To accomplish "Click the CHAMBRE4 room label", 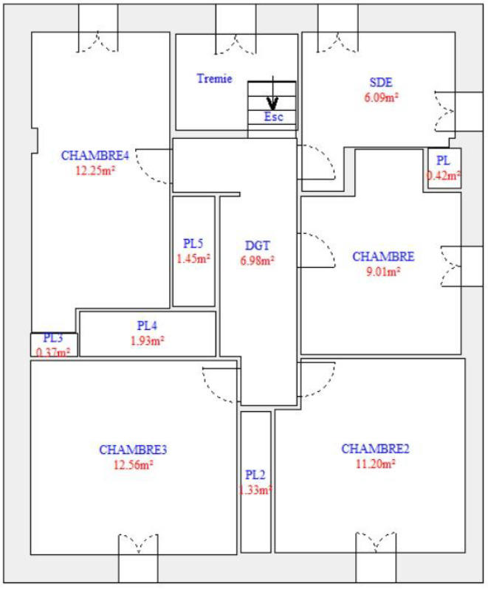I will pyautogui.click(x=95, y=156).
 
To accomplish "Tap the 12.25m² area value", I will pyautogui.click(x=95, y=169).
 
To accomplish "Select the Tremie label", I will pyautogui.click(x=215, y=78).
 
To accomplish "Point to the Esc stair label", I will pyautogui.click(x=273, y=117).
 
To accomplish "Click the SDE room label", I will pyautogui.click(x=381, y=82).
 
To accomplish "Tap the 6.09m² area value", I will pyautogui.click(x=381, y=95).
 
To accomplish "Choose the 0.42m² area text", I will pyautogui.click(x=444, y=176).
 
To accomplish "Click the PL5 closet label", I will pyautogui.click(x=193, y=244).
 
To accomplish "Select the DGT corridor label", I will pyautogui.click(x=257, y=246).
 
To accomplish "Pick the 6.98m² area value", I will pyautogui.click(x=257, y=260).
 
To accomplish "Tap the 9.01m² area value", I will pyautogui.click(x=383, y=271).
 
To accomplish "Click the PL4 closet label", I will pyautogui.click(x=148, y=325).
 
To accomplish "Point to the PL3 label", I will pyautogui.click(x=53, y=338).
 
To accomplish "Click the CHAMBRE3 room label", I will pyautogui.click(x=133, y=450).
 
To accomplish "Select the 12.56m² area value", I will pyautogui.click(x=133, y=465).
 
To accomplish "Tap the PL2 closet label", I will pyautogui.click(x=255, y=475).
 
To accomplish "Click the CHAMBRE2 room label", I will pyautogui.click(x=375, y=449).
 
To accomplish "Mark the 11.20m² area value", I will pyautogui.click(x=375, y=464).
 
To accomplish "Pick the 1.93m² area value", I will pyautogui.click(x=148, y=340).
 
